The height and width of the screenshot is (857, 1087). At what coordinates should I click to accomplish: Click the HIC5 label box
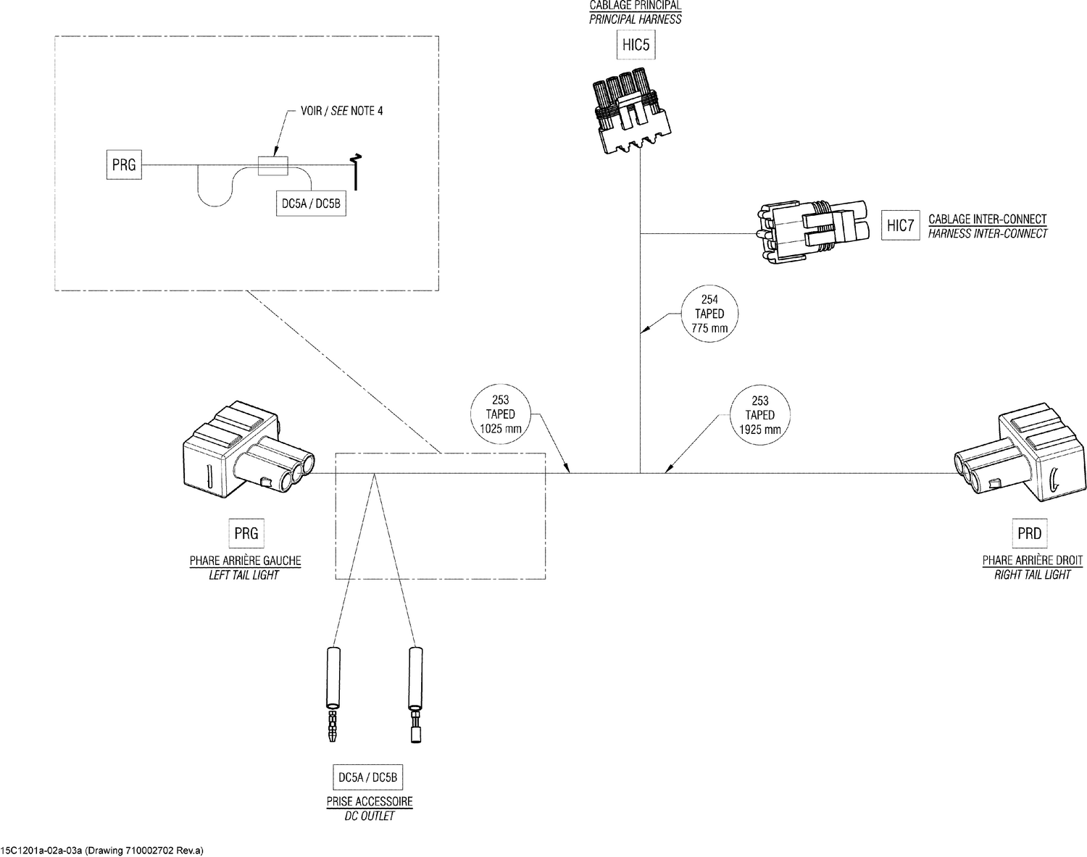635,46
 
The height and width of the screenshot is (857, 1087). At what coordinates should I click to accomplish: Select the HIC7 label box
900,226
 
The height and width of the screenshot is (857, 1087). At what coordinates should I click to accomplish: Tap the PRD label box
1029,534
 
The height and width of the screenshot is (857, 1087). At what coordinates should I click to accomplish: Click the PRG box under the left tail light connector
246,534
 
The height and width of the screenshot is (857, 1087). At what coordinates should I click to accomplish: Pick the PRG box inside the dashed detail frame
124,165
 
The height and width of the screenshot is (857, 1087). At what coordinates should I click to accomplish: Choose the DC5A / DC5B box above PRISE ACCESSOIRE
368,778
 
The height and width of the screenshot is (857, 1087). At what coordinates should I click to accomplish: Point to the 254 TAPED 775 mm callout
709,314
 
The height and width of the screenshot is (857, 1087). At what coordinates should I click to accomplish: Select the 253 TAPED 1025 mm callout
500,414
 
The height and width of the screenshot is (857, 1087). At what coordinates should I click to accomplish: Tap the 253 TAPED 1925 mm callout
759,415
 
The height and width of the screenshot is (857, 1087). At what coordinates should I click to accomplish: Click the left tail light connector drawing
243,453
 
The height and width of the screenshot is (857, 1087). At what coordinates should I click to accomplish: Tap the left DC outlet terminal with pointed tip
332,692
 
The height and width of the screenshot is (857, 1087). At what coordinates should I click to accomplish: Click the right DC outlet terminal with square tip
415,692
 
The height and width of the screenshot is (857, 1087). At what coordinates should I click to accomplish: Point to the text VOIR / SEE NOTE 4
341,112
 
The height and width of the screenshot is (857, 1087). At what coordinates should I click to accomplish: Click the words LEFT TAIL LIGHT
244,575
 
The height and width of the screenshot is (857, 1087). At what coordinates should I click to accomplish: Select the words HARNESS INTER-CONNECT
987,233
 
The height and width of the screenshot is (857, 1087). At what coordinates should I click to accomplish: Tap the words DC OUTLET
369,816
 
